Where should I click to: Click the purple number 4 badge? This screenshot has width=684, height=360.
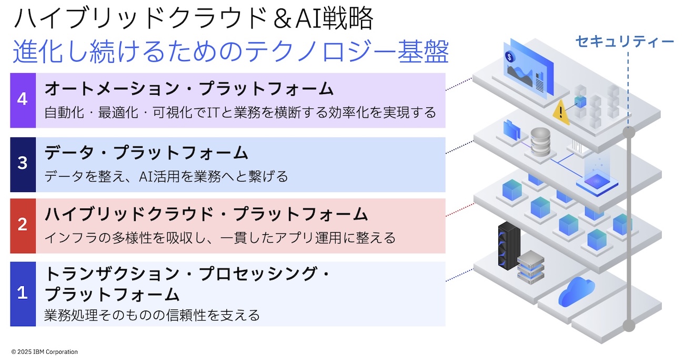coord(23,100)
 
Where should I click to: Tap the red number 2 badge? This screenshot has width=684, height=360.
coord(23,225)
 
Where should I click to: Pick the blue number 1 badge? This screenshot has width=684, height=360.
coord(23,293)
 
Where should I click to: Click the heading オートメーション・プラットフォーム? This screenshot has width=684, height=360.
coord(189,89)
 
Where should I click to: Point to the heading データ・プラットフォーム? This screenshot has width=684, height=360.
coord(146,153)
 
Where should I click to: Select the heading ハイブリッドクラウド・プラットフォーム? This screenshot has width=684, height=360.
coord(206,214)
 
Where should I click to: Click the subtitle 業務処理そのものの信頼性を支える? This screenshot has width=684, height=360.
coord(152,315)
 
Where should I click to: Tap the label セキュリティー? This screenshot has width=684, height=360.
coord(625,42)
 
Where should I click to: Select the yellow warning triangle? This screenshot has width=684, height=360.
coord(561,112)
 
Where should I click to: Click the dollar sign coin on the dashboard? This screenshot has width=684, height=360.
coord(509,56)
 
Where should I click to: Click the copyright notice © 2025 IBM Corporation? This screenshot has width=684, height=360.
coord(44,352)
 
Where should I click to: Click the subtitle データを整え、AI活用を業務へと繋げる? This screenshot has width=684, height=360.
coord(166,176)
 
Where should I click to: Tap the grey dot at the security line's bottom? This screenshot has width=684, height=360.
coord(628,326)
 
